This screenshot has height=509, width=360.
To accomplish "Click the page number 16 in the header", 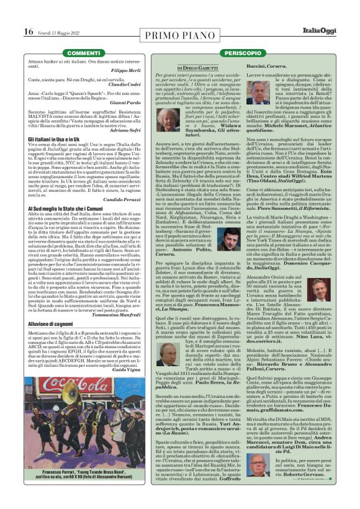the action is (29, 31).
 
